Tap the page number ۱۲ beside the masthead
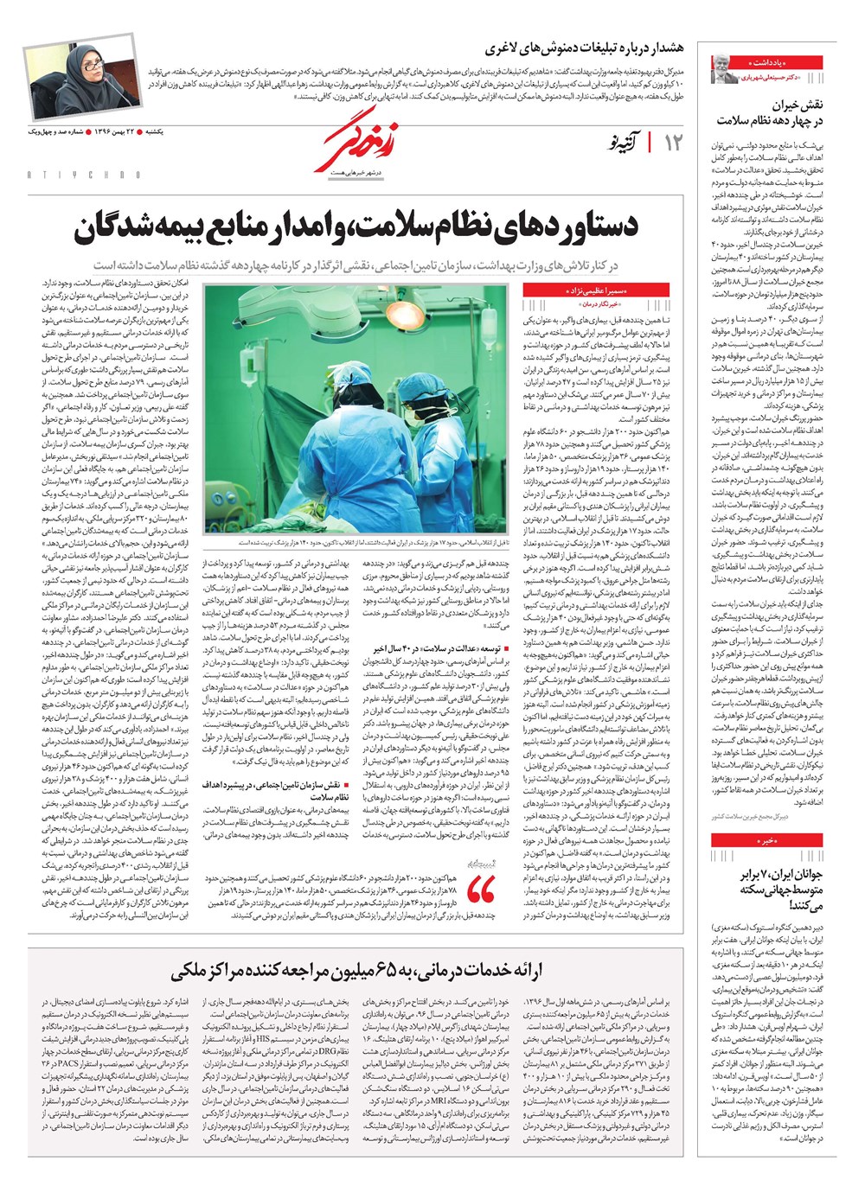[x=673, y=143]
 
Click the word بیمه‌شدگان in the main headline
[x=166, y=226]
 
